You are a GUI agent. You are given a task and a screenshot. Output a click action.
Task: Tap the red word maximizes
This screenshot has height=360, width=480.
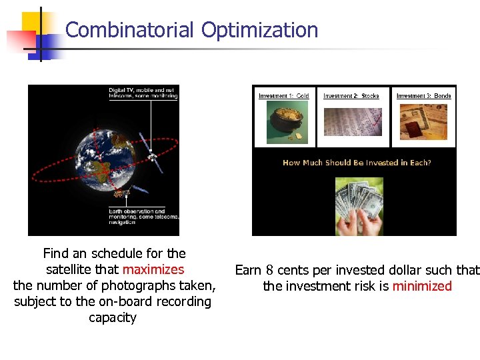(x=153, y=270)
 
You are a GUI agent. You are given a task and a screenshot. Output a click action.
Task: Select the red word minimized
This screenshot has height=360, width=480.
(x=422, y=287)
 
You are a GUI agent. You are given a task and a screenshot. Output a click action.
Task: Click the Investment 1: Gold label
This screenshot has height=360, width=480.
(x=284, y=96)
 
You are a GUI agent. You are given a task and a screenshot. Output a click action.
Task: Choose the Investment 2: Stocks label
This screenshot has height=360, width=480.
(x=351, y=96)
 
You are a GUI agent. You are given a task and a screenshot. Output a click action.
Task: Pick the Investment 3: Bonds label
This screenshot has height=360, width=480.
(x=423, y=96)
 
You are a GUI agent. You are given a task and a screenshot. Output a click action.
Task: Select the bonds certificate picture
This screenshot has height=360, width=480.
(x=423, y=121)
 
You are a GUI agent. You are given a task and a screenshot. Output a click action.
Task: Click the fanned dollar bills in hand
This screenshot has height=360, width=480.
(x=356, y=203)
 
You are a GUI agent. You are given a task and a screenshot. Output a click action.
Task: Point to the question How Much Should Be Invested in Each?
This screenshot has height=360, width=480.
(x=357, y=163)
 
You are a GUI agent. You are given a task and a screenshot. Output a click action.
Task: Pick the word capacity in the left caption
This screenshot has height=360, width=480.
(x=113, y=318)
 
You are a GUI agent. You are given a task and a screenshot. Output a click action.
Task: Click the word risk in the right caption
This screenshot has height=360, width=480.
(x=377, y=287)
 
